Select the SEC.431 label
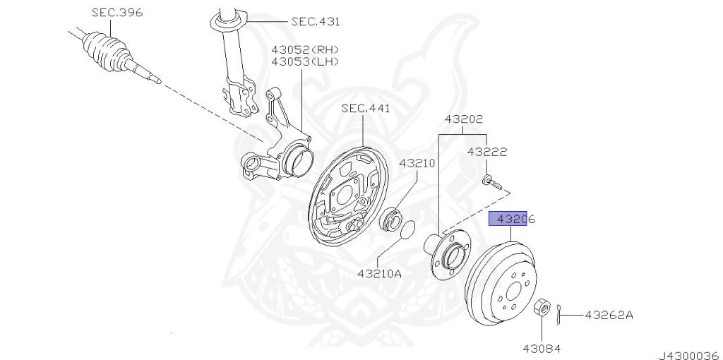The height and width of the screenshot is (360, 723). [x=315, y=22]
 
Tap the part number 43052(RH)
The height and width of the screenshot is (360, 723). [x=305, y=49]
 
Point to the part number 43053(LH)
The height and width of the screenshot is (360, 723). [x=305, y=62]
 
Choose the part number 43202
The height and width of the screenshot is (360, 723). [x=463, y=120]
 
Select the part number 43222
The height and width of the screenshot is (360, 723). [x=486, y=152]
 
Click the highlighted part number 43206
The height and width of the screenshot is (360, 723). [x=513, y=220]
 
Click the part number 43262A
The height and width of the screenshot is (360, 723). [x=609, y=315]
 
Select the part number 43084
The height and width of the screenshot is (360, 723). [x=542, y=347]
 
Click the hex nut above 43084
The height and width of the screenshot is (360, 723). [x=542, y=308]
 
